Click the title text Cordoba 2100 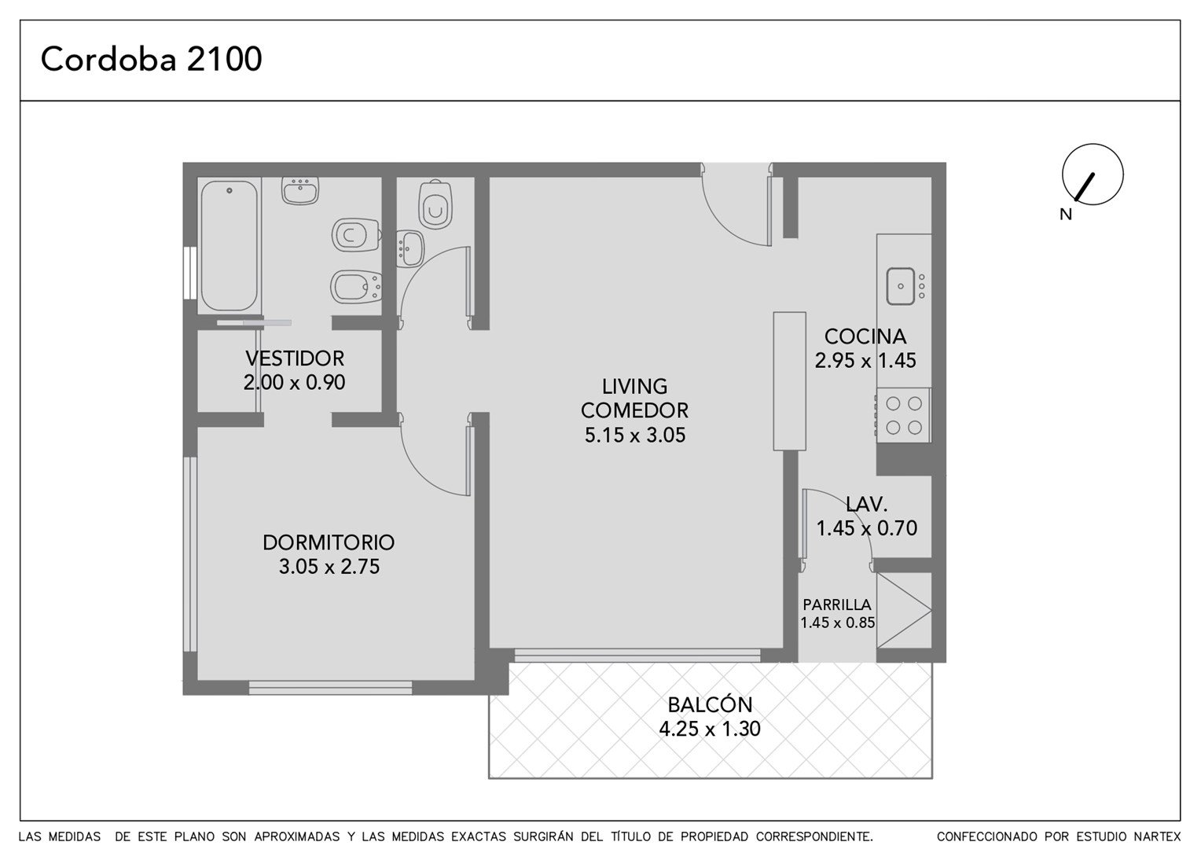pyautogui.click(x=151, y=59)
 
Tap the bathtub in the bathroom pyautogui.click(x=229, y=245)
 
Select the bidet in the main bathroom pyautogui.click(x=356, y=288)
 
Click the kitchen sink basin pyautogui.click(x=900, y=286)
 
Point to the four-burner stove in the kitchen pyautogui.click(x=903, y=415)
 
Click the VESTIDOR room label pyautogui.click(x=294, y=358)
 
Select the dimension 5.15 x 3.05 pyautogui.click(x=635, y=435)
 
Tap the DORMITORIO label pyautogui.click(x=329, y=542)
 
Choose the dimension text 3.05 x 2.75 pyautogui.click(x=329, y=566)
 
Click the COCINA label pyautogui.click(x=865, y=336)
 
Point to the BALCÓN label pyautogui.click(x=710, y=704)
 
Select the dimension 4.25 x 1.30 pyautogui.click(x=710, y=728)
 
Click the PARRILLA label pyautogui.click(x=837, y=605)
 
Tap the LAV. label pyautogui.click(x=866, y=504)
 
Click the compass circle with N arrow pyautogui.click(x=1093, y=175)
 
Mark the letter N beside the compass pyautogui.click(x=1066, y=214)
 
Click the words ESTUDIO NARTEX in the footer pyautogui.click(x=1116, y=836)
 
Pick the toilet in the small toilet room pyautogui.click(x=435, y=204)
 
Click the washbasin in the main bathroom pyautogui.click(x=300, y=190)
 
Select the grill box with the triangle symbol pyautogui.click(x=904, y=610)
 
